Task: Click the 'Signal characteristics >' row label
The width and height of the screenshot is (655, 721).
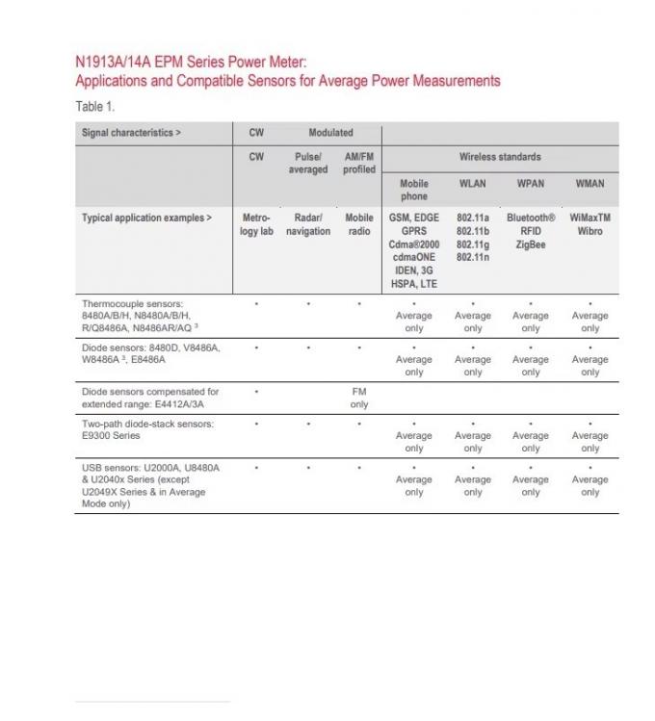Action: pos(131,133)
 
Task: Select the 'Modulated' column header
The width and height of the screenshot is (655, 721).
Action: pos(330,133)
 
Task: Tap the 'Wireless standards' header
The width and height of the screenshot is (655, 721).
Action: pos(500,156)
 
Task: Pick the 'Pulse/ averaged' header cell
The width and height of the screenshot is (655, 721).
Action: pos(308,163)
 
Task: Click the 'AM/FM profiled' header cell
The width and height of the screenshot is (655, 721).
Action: pos(359,163)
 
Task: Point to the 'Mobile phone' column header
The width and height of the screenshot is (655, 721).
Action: pos(414,190)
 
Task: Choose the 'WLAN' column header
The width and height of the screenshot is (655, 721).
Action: pos(473,183)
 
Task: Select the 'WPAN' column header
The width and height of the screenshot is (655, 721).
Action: pos(531,183)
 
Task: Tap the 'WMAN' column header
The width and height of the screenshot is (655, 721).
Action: pos(589,183)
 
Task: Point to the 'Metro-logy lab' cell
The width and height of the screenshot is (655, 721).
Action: pos(256,224)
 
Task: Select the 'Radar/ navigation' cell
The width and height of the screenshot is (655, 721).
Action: pos(308,224)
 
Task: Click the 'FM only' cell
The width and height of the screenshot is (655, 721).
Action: pos(359,399)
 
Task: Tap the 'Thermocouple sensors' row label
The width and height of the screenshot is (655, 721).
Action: pos(132,304)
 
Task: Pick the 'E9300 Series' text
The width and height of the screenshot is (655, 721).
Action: pos(111,436)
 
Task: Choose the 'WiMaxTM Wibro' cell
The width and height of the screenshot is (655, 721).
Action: pos(589,224)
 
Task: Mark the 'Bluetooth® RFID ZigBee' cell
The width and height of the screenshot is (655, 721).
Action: pos(531,231)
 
